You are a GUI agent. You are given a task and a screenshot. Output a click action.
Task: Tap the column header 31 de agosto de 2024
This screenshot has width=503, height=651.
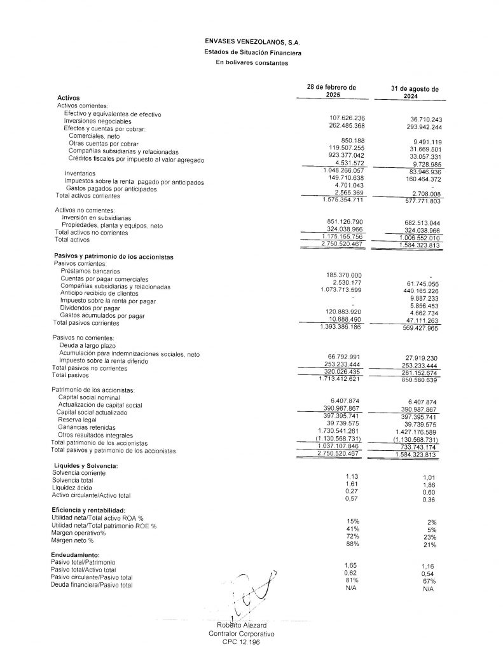tap(415, 93)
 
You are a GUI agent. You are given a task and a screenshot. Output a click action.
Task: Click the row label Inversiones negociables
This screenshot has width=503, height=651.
tap(97, 121)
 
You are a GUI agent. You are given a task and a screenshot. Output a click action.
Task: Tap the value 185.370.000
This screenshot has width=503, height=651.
tap(343, 275)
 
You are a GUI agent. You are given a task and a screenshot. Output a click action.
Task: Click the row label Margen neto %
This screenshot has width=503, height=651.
tap(72, 540)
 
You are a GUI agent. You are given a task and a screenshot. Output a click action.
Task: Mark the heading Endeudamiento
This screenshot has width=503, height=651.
tap(76, 555)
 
